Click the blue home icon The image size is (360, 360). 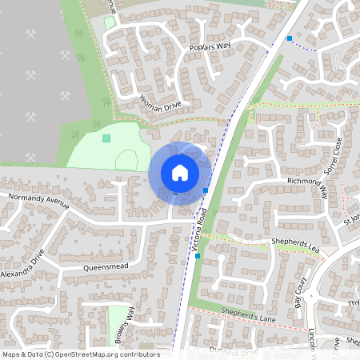180,173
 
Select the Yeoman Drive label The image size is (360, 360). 161,104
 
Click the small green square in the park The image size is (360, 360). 106,138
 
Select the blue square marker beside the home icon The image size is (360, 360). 206,190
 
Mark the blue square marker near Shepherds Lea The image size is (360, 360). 198,256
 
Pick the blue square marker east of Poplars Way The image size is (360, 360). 290,38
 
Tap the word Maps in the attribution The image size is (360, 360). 11,354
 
